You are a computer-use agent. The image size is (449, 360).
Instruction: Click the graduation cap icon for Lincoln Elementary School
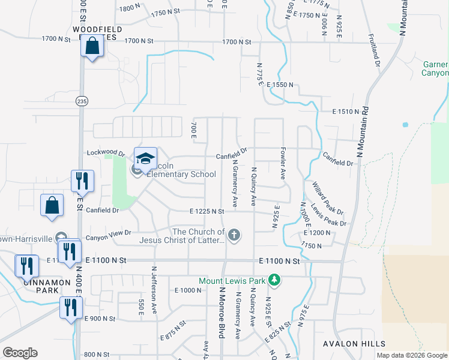(145, 159)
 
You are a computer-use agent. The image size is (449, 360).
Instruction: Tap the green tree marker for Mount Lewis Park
(274, 280)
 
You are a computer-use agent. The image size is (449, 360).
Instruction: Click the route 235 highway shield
(81, 101)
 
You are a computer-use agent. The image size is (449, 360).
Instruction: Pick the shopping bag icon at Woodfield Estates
(92, 46)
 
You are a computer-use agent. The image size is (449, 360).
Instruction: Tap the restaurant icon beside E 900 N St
(71, 308)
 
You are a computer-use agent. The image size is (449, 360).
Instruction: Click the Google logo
(20, 353)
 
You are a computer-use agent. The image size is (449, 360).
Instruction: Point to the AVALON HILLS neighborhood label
(349, 343)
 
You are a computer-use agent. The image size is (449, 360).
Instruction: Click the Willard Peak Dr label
(327, 199)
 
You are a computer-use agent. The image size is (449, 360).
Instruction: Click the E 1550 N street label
(280, 85)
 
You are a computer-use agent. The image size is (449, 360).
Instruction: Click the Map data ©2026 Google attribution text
(411, 355)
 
